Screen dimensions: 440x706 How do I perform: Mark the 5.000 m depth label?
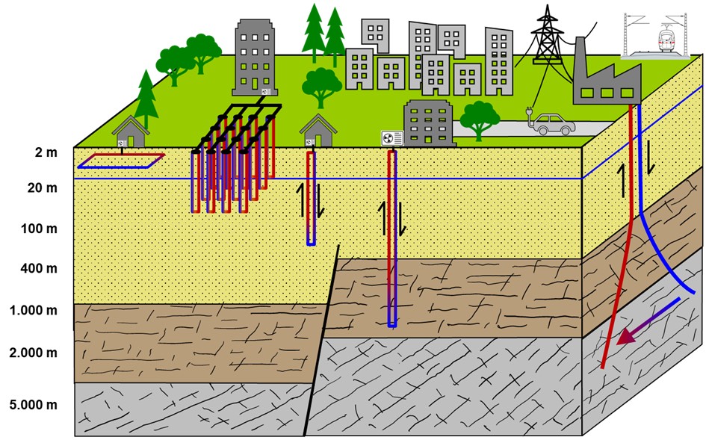tap(34, 406)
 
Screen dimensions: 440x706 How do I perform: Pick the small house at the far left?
tap(130, 131)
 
